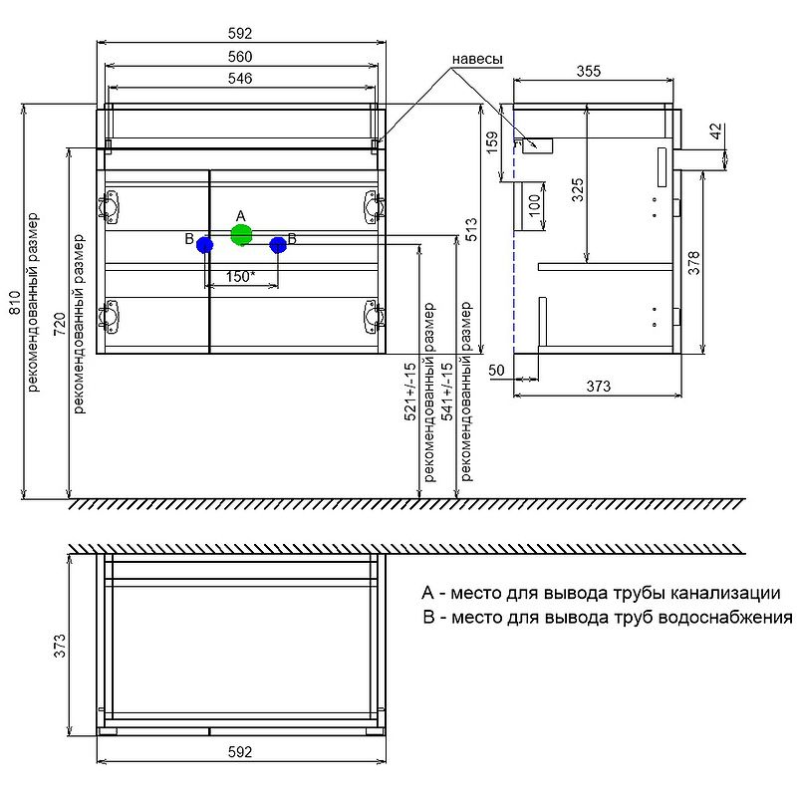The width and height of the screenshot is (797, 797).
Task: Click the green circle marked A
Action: point(240,235)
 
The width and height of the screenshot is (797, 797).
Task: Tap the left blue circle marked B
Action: point(204,244)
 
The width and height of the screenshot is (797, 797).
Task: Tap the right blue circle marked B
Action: point(278,244)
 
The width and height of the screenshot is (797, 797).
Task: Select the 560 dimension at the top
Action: point(240,56)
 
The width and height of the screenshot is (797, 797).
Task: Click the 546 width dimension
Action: point(240,78)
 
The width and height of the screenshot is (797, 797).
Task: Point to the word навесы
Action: point(477,59)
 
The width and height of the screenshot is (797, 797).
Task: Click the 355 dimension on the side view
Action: point(588,71)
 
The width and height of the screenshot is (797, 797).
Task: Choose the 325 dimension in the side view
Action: point(577,189)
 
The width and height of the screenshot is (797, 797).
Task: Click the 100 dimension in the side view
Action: point(534,207)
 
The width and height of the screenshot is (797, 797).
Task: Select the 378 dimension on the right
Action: point(694,261)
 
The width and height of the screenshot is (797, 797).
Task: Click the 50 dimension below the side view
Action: point(497,370)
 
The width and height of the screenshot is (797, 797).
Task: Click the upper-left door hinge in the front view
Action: point(109,206)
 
